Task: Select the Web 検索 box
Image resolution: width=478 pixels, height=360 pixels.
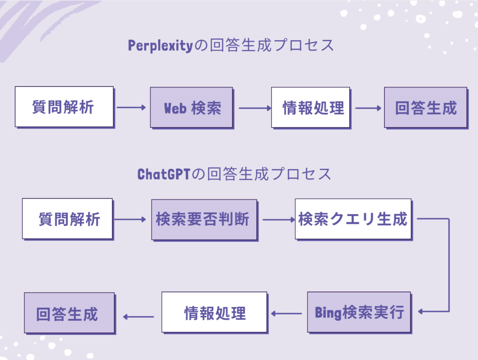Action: [x=191, y=107]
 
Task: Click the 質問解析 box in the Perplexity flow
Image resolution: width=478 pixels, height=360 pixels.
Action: [x=64, y=106]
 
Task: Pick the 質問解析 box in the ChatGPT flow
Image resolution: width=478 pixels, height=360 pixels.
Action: [x=67, y=219]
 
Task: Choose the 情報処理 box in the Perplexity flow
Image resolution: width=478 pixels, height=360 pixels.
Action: [x=310, y=107]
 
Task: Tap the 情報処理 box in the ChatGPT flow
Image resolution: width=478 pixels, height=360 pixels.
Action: [x=214, y=312]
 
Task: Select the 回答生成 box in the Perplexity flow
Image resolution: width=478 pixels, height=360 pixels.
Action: [x=425, y=107]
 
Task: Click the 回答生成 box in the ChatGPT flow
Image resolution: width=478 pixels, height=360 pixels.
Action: [x=69, y=312]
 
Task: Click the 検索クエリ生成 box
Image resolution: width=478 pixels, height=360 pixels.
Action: [x=353, y=219]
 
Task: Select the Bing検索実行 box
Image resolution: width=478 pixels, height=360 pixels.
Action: [x=358, y=312]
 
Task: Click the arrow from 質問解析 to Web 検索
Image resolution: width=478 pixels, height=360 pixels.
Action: [x=131, y=108]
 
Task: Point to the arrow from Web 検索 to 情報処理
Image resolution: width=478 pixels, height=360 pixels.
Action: [x=255, y=108]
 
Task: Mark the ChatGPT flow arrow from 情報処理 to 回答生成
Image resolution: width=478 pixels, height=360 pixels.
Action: [x=138, y=317]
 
